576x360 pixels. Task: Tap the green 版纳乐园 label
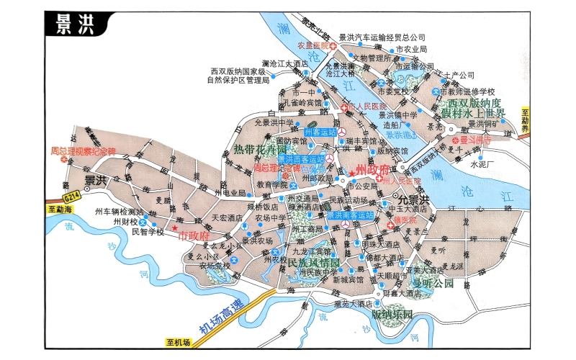point(392,314)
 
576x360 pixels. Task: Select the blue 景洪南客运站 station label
point(351,215)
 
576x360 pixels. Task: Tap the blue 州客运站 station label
point(320,132)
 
